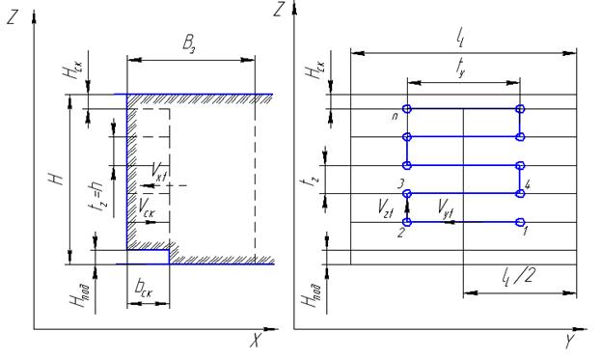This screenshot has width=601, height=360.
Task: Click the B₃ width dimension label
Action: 190,44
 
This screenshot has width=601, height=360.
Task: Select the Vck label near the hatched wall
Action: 147,208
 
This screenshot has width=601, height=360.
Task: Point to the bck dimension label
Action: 144,289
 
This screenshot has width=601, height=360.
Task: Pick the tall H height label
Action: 56,179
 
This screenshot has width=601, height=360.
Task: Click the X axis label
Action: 256,340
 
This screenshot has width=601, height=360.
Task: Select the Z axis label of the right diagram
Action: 278,9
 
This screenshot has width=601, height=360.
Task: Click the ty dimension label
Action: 461,68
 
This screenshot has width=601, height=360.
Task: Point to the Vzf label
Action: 385,209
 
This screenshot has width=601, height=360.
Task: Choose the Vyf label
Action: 446,209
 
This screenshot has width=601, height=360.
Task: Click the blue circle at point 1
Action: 520,222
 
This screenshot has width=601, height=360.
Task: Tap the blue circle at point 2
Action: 407,222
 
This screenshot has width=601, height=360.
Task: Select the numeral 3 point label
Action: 400,184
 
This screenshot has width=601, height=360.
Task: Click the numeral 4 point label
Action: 528,185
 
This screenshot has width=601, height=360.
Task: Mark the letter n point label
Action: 395,116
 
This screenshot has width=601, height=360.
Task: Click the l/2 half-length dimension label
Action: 517,276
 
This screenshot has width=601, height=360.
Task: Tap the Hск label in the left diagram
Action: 72,68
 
